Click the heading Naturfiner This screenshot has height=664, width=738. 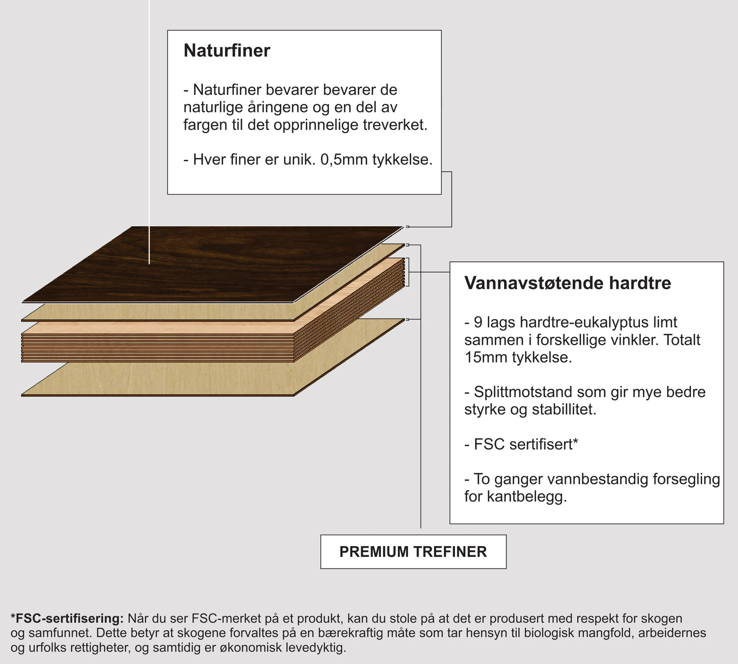[x=227, y=51]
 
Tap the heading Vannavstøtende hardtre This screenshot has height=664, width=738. [x=567, y=283]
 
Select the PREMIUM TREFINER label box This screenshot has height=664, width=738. [x=413, y=552]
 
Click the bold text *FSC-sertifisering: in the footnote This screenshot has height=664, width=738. [x=67, y=619]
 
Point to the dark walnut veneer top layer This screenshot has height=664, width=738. [x=215, y=263]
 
